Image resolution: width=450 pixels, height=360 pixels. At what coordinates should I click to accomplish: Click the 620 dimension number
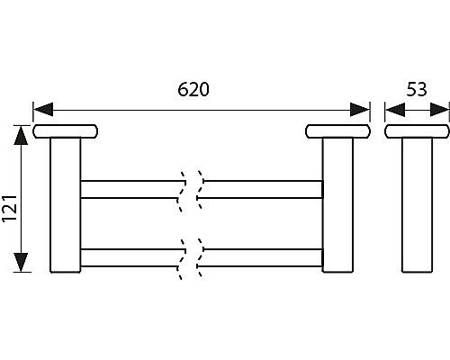(x=193, y=89)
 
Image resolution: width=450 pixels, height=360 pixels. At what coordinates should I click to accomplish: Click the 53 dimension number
(x=417, y=89)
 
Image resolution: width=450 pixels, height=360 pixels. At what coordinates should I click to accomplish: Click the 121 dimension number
(x=10, y=208)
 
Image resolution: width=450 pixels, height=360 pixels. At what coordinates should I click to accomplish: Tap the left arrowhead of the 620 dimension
(x=43, y=110)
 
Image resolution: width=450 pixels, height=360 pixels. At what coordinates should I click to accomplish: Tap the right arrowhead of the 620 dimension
(x=360, y=110)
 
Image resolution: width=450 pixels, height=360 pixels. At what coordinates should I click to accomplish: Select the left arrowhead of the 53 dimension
(x=395, y=110)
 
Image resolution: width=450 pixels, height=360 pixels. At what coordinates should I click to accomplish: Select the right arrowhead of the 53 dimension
(x=439, y=110)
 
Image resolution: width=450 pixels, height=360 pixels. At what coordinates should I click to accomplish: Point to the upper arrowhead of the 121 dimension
(x=21, y=135)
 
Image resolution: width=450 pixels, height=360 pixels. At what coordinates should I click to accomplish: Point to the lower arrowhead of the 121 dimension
(x=21, y=263)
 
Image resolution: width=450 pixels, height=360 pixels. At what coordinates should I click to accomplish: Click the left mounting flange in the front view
(x=66, y=131)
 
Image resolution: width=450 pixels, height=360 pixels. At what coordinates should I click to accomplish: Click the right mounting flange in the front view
(x=337, y=131)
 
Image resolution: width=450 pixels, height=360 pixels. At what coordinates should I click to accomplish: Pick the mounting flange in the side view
(x=417, y=131)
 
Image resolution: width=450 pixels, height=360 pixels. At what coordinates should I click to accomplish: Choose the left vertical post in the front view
(x=66, y=205)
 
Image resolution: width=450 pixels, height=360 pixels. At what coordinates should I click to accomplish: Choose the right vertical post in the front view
(x=337, y=205)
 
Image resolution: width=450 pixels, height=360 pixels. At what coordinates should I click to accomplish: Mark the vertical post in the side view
(x=417, y=205)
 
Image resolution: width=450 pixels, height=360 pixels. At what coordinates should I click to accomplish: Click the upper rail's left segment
(x=133, y=190)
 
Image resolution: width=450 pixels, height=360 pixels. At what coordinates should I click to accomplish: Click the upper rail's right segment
(x=260, y=190)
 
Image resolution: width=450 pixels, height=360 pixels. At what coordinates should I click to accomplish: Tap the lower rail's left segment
(x=133, y=257)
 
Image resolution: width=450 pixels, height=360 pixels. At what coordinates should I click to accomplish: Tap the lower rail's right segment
(x=260, y=257)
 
